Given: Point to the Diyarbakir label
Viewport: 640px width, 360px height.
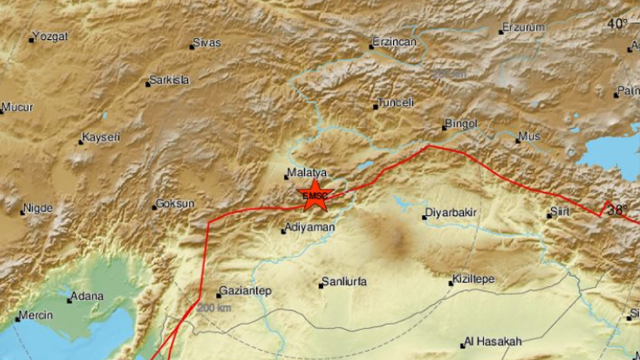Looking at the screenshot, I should (450, 213).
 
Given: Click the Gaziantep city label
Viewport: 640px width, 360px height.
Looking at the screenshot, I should (244, 292).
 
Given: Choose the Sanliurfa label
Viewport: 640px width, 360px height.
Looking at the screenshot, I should (344, 283).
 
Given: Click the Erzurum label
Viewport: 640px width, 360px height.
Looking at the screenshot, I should (524, 28).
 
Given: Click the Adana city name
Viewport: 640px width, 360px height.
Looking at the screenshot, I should (87, 296).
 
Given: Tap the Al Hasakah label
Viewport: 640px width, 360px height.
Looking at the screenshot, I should (494, 342).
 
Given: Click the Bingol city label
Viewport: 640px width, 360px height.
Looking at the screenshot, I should (461, 124).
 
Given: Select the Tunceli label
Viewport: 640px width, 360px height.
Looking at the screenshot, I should (396, 103).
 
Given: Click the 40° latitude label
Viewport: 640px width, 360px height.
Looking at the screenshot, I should (617, 23).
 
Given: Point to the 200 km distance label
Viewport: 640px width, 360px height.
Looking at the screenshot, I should (215, 308).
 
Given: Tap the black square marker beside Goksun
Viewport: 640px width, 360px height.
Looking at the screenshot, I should (155, 206).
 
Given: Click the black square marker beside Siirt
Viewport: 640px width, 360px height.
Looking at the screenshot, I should (549, 216).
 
